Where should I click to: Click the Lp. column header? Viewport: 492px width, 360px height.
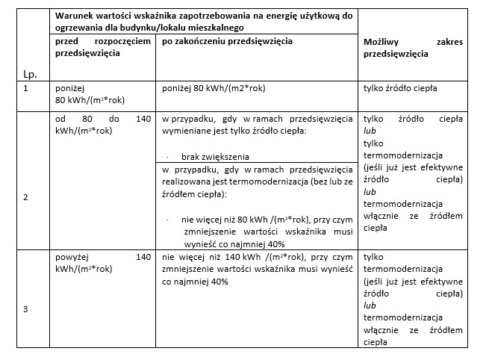point(31,75)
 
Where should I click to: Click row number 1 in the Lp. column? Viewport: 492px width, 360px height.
point(26,89)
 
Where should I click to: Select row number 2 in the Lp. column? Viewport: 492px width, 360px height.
point(26,198)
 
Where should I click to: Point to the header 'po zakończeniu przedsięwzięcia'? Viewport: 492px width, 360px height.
point(227,42)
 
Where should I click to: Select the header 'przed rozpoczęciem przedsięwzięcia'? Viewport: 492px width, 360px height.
point(103,48)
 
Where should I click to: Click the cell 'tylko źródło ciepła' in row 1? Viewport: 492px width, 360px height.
point(400,89)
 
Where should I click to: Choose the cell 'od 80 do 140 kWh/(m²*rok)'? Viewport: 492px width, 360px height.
point(103,125)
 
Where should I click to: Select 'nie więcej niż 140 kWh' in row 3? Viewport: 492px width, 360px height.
point(213,258)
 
